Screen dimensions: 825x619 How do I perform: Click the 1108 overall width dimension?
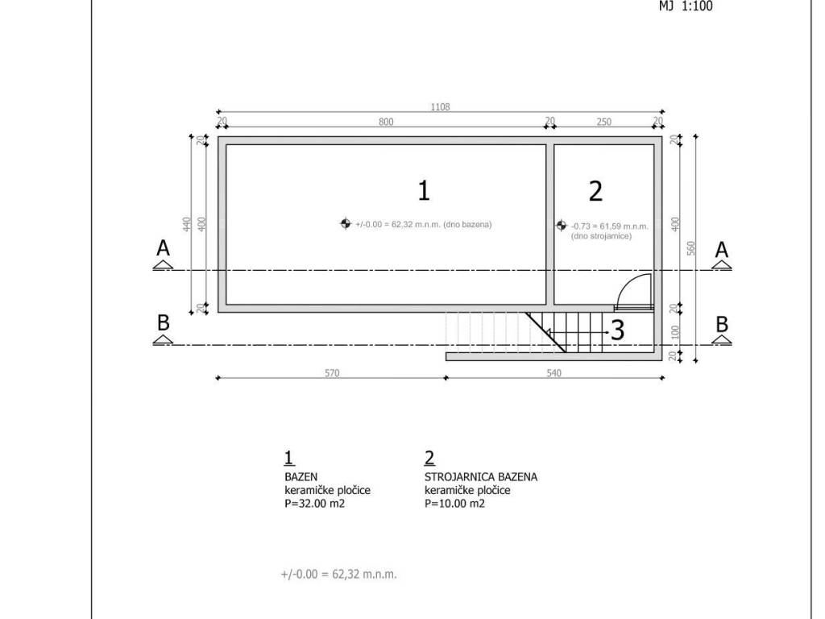click(441, 107)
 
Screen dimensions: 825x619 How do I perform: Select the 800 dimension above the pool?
click(386, 122)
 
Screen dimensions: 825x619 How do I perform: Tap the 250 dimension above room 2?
click(604, 122)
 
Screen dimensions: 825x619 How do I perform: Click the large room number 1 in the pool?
click(424, 190)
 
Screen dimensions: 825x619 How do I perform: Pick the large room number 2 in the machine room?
click(595, 191)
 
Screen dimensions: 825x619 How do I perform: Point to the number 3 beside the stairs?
click(617, 330)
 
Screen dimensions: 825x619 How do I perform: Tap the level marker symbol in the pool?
click(345, 224)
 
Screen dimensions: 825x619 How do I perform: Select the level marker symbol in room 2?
click(562, 226)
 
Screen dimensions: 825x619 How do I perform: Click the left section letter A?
click(163, 247)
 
